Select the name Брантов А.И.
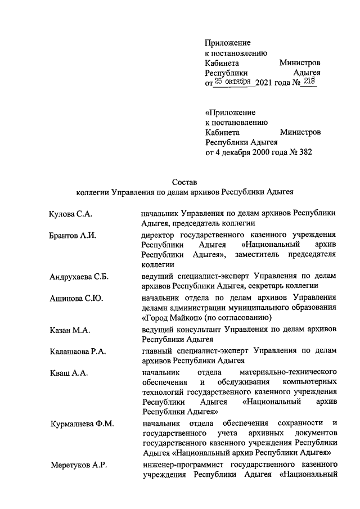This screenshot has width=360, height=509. coord(73,235)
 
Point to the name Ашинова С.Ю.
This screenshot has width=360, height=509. coord(76,298)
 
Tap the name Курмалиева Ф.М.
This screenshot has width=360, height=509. coord(82,424)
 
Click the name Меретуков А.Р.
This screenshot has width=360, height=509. coord(77,465)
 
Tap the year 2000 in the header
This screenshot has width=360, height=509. coord(260,152)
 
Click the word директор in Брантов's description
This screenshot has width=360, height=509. coord(161,235)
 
